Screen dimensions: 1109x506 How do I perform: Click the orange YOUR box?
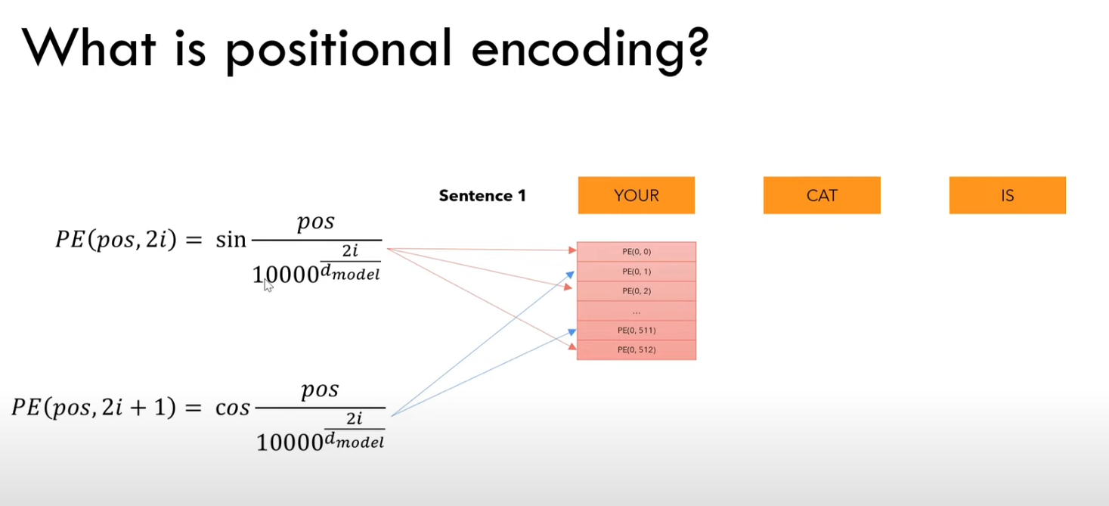point(637,195)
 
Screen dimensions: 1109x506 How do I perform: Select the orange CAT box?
point(822,195)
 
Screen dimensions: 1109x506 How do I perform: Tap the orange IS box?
point(1008,195)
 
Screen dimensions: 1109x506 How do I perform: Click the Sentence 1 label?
point(482,196)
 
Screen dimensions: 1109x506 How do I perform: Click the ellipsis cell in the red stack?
point(637,310)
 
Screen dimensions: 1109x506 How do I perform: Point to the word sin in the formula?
point(231,240)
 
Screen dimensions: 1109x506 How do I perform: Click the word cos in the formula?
point(232,408)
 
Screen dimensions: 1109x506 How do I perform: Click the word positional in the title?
point(339,49)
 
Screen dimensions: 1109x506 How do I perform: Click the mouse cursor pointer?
point(268,285)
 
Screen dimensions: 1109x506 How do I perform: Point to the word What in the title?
point(89,48)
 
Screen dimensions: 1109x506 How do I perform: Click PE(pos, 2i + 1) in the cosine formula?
point(94,408)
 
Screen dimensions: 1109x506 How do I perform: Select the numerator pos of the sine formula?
point(316,222)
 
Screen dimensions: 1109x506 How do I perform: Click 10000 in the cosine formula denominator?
point(290,442)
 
